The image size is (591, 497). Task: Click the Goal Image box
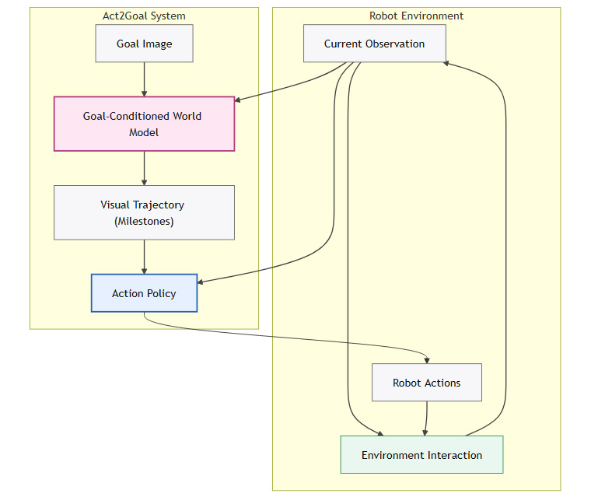[144, 44]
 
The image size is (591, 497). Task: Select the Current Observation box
[374, 44]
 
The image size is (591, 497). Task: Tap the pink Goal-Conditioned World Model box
[144, 124]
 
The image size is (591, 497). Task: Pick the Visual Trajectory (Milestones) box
[144, 212]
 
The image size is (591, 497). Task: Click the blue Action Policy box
[144, 293]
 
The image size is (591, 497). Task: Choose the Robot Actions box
[426, 383]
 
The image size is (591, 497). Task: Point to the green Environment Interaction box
[421, 455]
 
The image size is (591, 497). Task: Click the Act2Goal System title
[144, 16]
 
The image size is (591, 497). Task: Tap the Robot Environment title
[416, 16]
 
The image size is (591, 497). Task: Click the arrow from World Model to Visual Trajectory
[144, 167]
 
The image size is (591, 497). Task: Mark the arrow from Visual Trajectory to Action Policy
[144, 257]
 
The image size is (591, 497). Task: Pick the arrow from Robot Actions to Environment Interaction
[425, 418]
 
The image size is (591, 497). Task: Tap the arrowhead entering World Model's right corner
[238, 100]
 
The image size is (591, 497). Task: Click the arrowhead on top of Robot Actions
[428, 359]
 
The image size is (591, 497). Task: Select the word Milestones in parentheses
[144, 221]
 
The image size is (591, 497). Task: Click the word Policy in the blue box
[161, 293]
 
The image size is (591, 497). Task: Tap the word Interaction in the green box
[455, 455]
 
